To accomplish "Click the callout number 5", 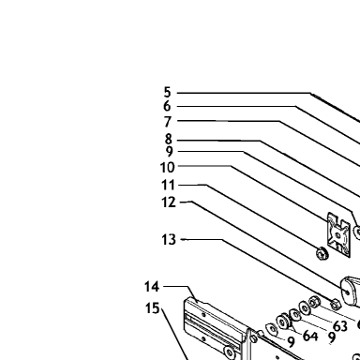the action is coord(168,93).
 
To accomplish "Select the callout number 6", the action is coord(167,106).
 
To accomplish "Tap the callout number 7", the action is coord(168,122).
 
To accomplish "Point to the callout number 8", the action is coord(169,139).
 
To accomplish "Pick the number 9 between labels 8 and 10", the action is coord(169,152).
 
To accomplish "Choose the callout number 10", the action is coord(167,168).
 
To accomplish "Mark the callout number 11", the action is coord(168,185).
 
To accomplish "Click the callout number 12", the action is coord(169,202).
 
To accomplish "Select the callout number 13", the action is coord(169,240).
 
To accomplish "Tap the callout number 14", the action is coord(152,287).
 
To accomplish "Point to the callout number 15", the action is coord(153,308).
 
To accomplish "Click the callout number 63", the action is coord(340,326).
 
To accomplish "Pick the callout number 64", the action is coord(310,336).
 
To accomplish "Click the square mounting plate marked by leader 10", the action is coord(338,235).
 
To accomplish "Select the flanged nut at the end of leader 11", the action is coord(322,253).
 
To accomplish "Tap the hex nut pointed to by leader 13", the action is coord(336,304).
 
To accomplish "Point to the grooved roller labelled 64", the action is coord(284,322).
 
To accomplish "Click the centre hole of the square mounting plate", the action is coord(337,235).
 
